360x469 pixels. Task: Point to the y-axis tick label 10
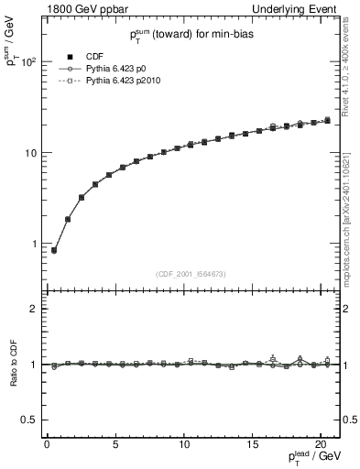click(29, 152)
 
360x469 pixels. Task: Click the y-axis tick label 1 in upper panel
click(33, 243)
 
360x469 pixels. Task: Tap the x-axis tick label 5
click(115, 445)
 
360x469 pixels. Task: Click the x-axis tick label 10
click(184, 445)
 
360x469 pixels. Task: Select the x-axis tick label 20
click(322, 445)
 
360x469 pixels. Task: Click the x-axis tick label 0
click(47, 445)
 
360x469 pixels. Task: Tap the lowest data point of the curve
click(54, 250)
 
